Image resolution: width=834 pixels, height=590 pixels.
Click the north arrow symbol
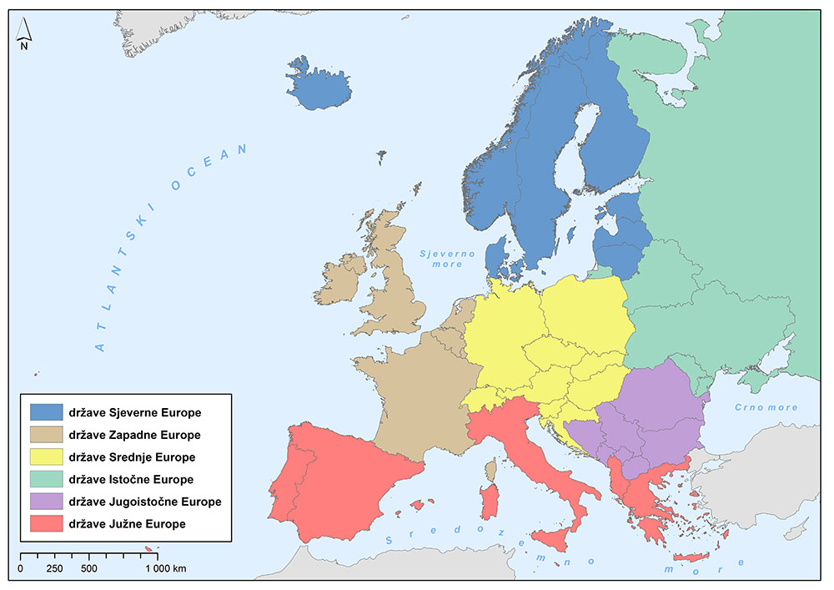[24, 34]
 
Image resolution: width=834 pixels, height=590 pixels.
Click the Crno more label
[765, 408]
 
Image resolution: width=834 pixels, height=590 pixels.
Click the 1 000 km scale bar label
[166, 569]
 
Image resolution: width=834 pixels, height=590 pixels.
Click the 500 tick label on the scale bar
[89, 569]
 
